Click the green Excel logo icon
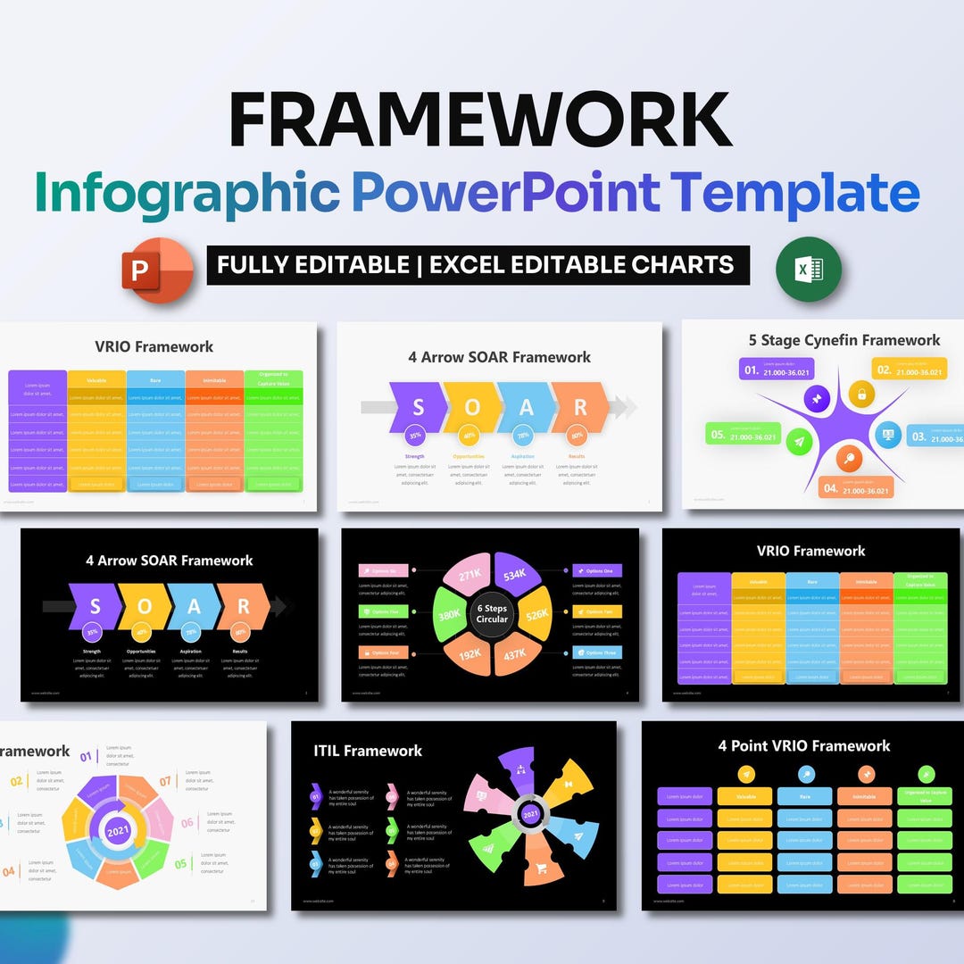coord(808,269)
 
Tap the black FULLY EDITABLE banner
coord(478,265)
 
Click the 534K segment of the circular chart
coord(514,576)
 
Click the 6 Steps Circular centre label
coord(491,613)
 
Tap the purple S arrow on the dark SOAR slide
coord(95,607)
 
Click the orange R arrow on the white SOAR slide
coord(579,407)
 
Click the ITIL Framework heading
coord(368,751)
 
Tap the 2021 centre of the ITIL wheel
coord(530,814)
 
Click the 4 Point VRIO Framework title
coord(803,746)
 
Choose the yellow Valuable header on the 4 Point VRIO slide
coord(744,796)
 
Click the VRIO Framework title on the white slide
coord(154,347)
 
